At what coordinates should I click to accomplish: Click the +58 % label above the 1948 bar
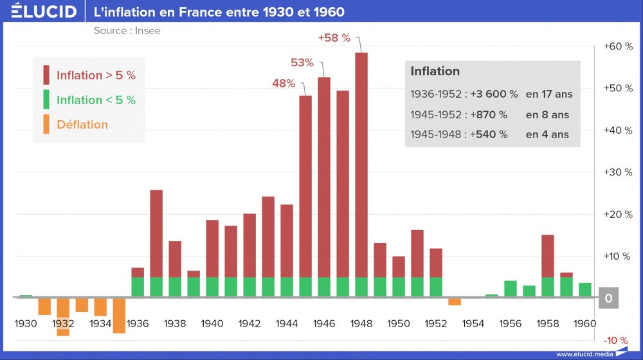(x=334, y=38)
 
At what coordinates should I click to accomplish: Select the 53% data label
(x=302, y=62)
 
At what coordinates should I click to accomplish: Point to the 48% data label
(x=284, y=83)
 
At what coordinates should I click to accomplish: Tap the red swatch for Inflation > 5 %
(x=46, y=75)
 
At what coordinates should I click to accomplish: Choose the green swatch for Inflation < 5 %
(x=46, y=100)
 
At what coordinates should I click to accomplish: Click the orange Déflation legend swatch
(x=46, y=124)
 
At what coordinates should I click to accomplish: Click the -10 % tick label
(x=616, y=340)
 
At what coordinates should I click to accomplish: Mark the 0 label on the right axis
(x=608, y=299)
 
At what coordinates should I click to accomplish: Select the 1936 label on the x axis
(x=138, y=323)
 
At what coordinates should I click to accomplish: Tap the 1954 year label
(x=473, y=323)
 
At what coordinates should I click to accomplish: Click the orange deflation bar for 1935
(x=119, y=315)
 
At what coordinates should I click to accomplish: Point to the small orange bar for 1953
(x=455, y=301)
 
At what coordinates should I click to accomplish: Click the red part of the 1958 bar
(x=548, y=256)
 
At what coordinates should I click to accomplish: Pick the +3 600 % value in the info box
(x=494, y=94)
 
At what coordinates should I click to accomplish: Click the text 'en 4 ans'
(x=547, y=134)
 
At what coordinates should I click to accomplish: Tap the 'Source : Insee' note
(x=127, y=30)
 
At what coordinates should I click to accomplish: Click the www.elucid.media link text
(x=584, y=354)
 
